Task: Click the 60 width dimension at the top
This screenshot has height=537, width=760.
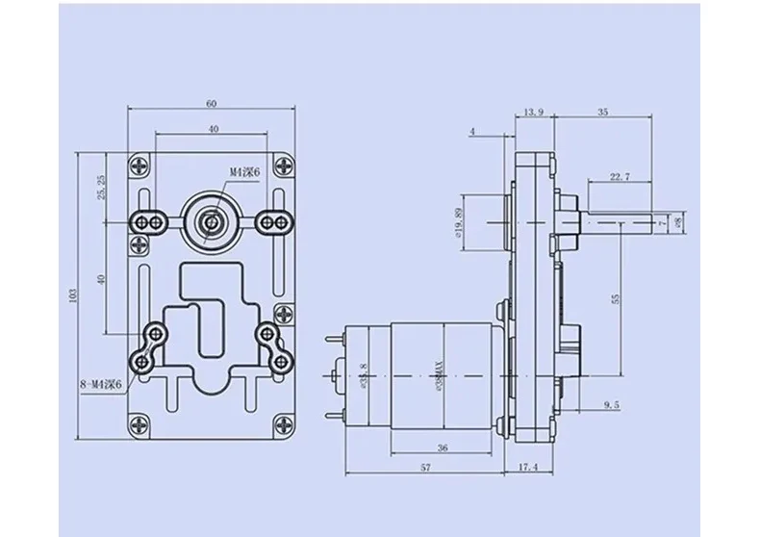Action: point(211,103)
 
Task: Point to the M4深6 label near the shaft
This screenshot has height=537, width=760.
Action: point(244,172)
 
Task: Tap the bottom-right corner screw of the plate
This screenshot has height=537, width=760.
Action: point(281,422)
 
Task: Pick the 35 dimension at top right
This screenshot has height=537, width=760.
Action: point(602,113)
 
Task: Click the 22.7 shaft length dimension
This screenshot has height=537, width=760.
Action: point(620,176)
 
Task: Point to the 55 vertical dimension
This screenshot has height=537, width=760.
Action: point(615,298)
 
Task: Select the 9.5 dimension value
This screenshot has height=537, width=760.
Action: point(613,405)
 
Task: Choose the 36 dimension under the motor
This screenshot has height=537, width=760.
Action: point(442,447)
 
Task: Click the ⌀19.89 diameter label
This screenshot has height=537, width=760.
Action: point(460,222)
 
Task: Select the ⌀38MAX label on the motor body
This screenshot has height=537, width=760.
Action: point(438,372)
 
